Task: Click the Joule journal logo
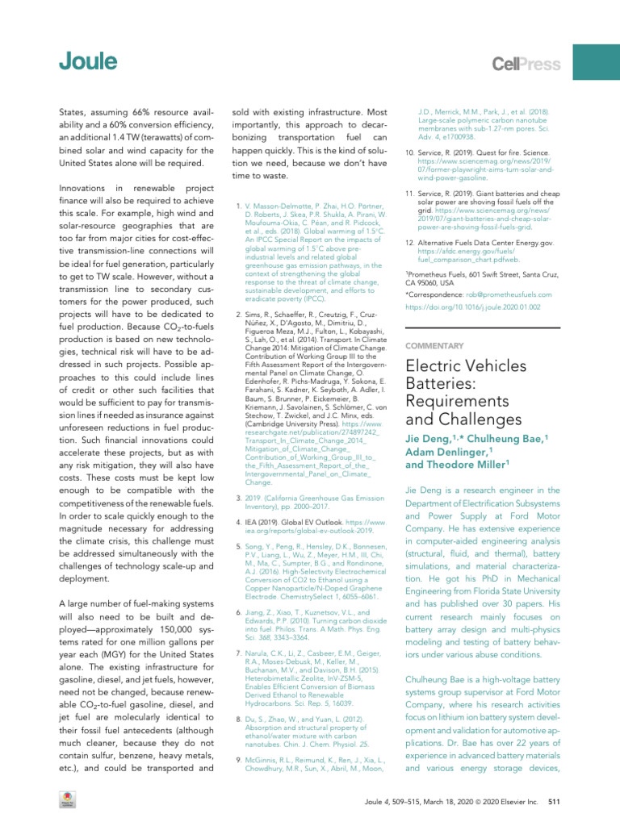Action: [x=87, y=61]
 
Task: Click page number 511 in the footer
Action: [x=554, y=803]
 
